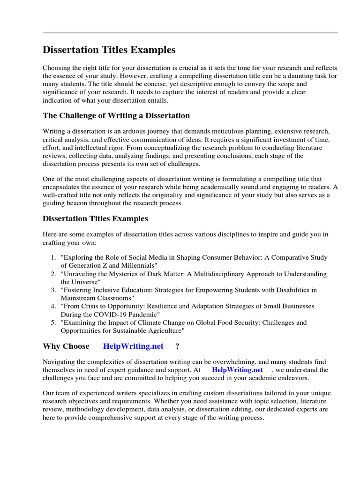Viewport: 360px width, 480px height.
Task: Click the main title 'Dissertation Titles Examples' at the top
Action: (x=109, y=50)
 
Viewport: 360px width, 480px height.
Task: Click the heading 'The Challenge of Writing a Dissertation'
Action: (x=116, y=115)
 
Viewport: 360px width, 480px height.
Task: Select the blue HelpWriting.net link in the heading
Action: (x=133, y=346)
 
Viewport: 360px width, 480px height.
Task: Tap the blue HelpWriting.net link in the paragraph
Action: (x=237, y=370)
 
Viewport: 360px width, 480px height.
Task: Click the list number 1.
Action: (x=52, y=258)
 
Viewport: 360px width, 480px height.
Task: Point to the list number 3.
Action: (x=52, y=290)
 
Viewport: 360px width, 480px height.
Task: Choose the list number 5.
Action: (x=52, y=322)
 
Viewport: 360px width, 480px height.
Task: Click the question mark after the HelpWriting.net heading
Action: (x=177, y=346)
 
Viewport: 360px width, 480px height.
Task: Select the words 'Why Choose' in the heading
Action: (x=66, y=346)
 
